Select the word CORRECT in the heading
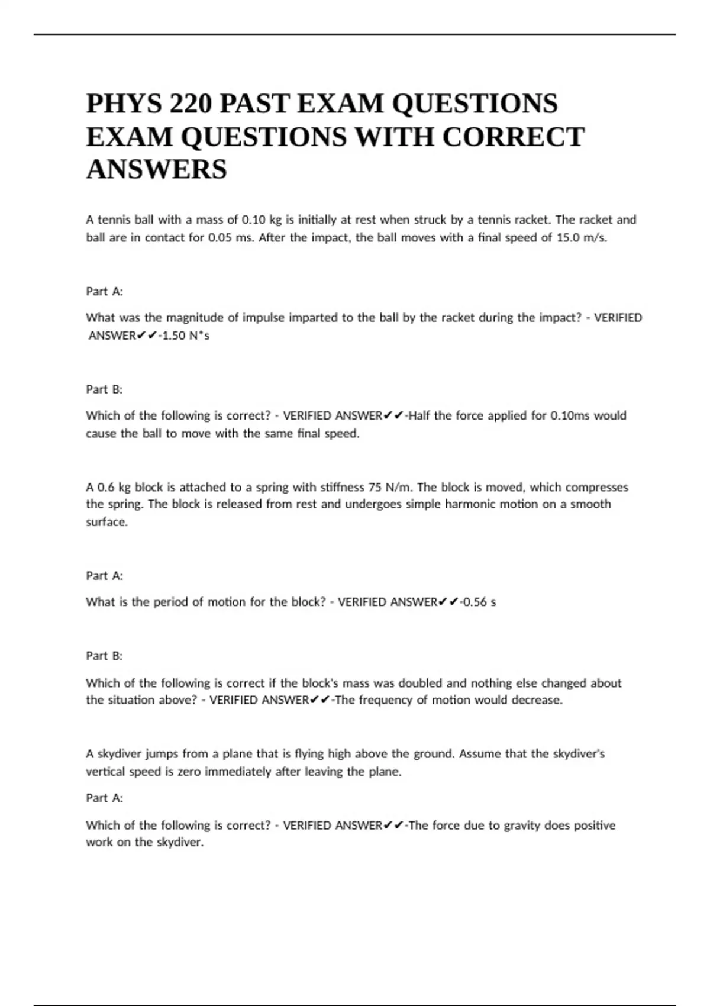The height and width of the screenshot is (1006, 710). point(513,137)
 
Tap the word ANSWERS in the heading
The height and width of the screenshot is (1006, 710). point(156,169)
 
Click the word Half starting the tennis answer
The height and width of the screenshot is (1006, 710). point(419,415)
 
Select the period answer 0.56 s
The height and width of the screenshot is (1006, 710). point(479,602)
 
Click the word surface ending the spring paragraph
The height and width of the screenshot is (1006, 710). point(106,522)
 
